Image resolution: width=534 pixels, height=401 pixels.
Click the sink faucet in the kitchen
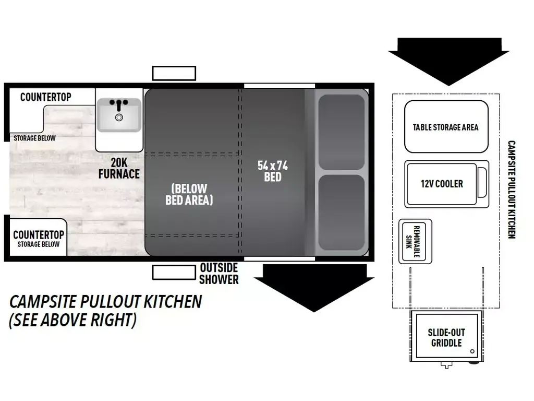tap(119, 104)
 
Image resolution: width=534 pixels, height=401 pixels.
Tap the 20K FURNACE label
tap(119, 168)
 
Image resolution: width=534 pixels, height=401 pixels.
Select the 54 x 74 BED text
tap(272, 171)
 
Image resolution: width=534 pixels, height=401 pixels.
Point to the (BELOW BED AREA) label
tap(189, 194)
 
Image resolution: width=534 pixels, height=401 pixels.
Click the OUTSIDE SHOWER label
tap(219, 274)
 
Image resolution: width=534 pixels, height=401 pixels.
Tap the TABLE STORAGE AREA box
tap(446, 127)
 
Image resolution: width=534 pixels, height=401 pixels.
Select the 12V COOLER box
tap(442, 184)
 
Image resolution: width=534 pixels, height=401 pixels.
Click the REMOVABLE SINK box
tap(415, 241)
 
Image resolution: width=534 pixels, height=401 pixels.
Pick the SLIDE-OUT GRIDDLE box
tap(446, 337)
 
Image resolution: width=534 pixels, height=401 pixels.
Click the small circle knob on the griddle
tap(471, 351)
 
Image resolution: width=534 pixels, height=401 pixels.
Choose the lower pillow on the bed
tap(342, 213)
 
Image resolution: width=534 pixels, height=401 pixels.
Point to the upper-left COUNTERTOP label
tap(46, 97)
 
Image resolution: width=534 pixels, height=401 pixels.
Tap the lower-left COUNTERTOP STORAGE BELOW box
tap(38, 238)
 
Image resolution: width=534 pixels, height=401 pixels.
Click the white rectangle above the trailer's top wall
tap(174, 73)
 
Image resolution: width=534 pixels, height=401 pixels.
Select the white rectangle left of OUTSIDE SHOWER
tap(174, 272)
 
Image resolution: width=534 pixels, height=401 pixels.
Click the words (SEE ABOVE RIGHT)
tap(73, 320)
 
